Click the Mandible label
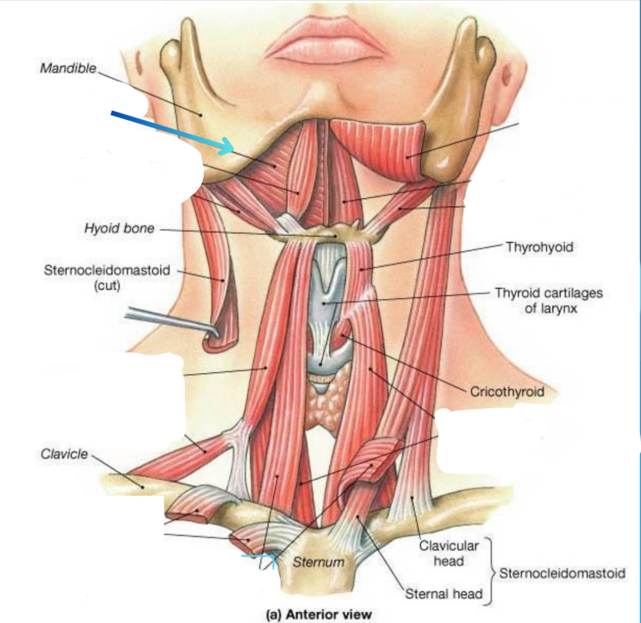[68, 68]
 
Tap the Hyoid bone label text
[119, 228]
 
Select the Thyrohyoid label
[539, 247]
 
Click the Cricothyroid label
[507, 392]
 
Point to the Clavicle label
[64, 454]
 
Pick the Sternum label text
[318, 562]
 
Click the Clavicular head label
[449, 553]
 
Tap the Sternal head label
[443, 594]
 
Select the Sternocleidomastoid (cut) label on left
[107, 277]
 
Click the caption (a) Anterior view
[318, 614]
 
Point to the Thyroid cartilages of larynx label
[549, 301]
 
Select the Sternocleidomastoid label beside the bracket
[562, 573]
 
